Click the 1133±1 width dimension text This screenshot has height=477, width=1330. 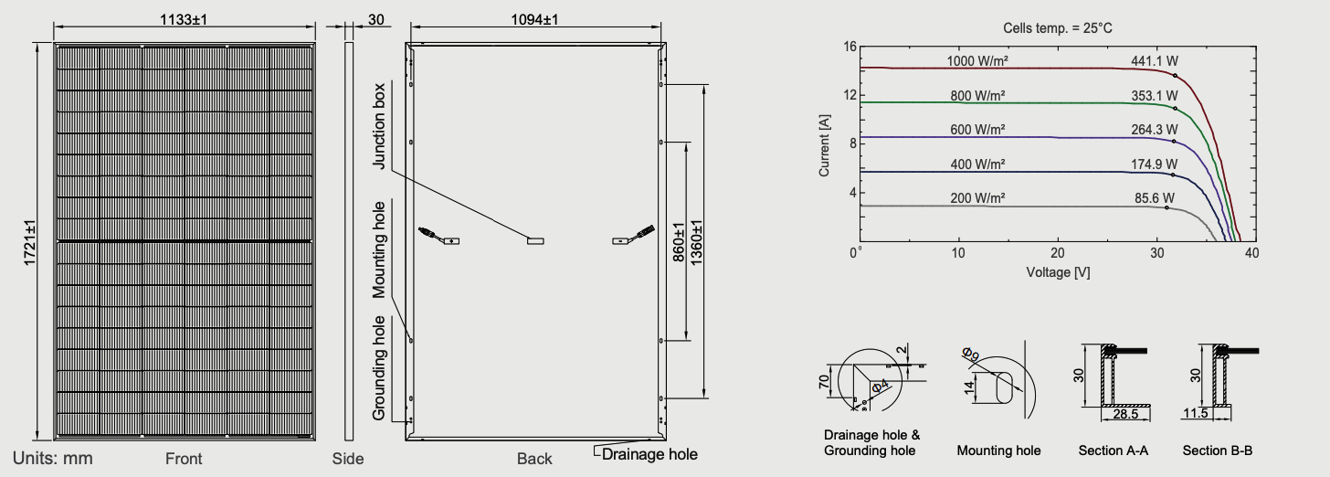point(184,19)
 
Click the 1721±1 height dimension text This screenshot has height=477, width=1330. point(29,242)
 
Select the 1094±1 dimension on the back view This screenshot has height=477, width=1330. point(534,19)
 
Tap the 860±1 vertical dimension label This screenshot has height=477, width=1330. point(678,242)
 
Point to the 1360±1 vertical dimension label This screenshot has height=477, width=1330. point(696,242)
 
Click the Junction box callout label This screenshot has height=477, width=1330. point(379,126)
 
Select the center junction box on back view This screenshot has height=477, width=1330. point(535,240)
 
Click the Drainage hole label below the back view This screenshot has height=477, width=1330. point(649,454)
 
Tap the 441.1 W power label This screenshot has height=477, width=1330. point(1155,61)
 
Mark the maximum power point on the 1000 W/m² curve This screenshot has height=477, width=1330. point(1175,76)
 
